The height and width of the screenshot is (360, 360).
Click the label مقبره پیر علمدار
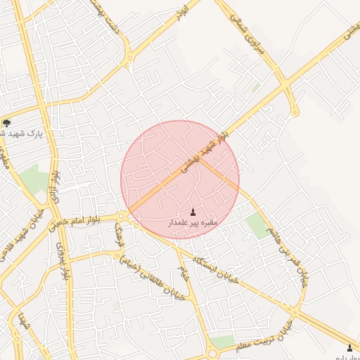(x=193, y=222)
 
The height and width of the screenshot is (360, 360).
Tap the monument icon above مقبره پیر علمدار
(x=193, y=212)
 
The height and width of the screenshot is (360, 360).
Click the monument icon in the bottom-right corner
(x=349, y=348)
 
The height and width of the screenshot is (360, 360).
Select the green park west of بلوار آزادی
(x=32, y=179)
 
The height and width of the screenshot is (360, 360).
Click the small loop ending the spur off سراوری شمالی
(x=295, y=112)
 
